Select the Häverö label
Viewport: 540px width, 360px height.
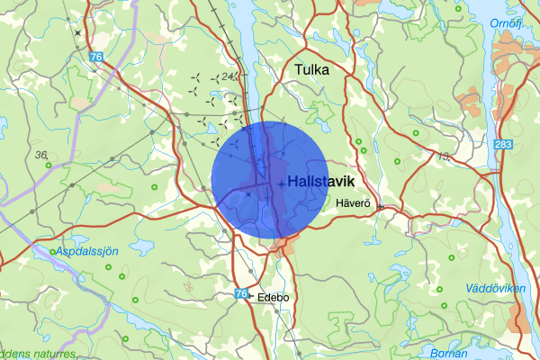tap(353, 204)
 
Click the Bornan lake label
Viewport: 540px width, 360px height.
tap(447, 352)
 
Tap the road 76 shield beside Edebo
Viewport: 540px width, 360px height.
tap(240, 294)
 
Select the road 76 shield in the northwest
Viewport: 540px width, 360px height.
tap(96, 58)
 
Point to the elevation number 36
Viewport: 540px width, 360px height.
tap(41, 156)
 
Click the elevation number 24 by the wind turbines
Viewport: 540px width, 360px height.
tap(229, 77)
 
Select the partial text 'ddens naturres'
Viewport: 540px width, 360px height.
tap(38, 354)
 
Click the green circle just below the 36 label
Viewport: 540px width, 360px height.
tap(47, 166)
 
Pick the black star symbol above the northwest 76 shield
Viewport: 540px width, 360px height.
tap(78, 33)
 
